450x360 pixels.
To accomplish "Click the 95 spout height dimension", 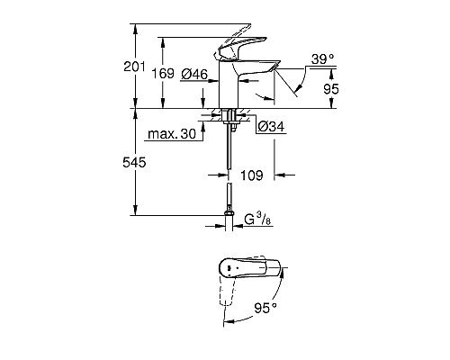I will (331, 89).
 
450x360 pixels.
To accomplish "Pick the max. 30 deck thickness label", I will (172, 133).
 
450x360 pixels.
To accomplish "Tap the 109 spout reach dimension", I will (254, 177).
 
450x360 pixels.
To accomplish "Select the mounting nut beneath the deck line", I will (230, 116).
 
